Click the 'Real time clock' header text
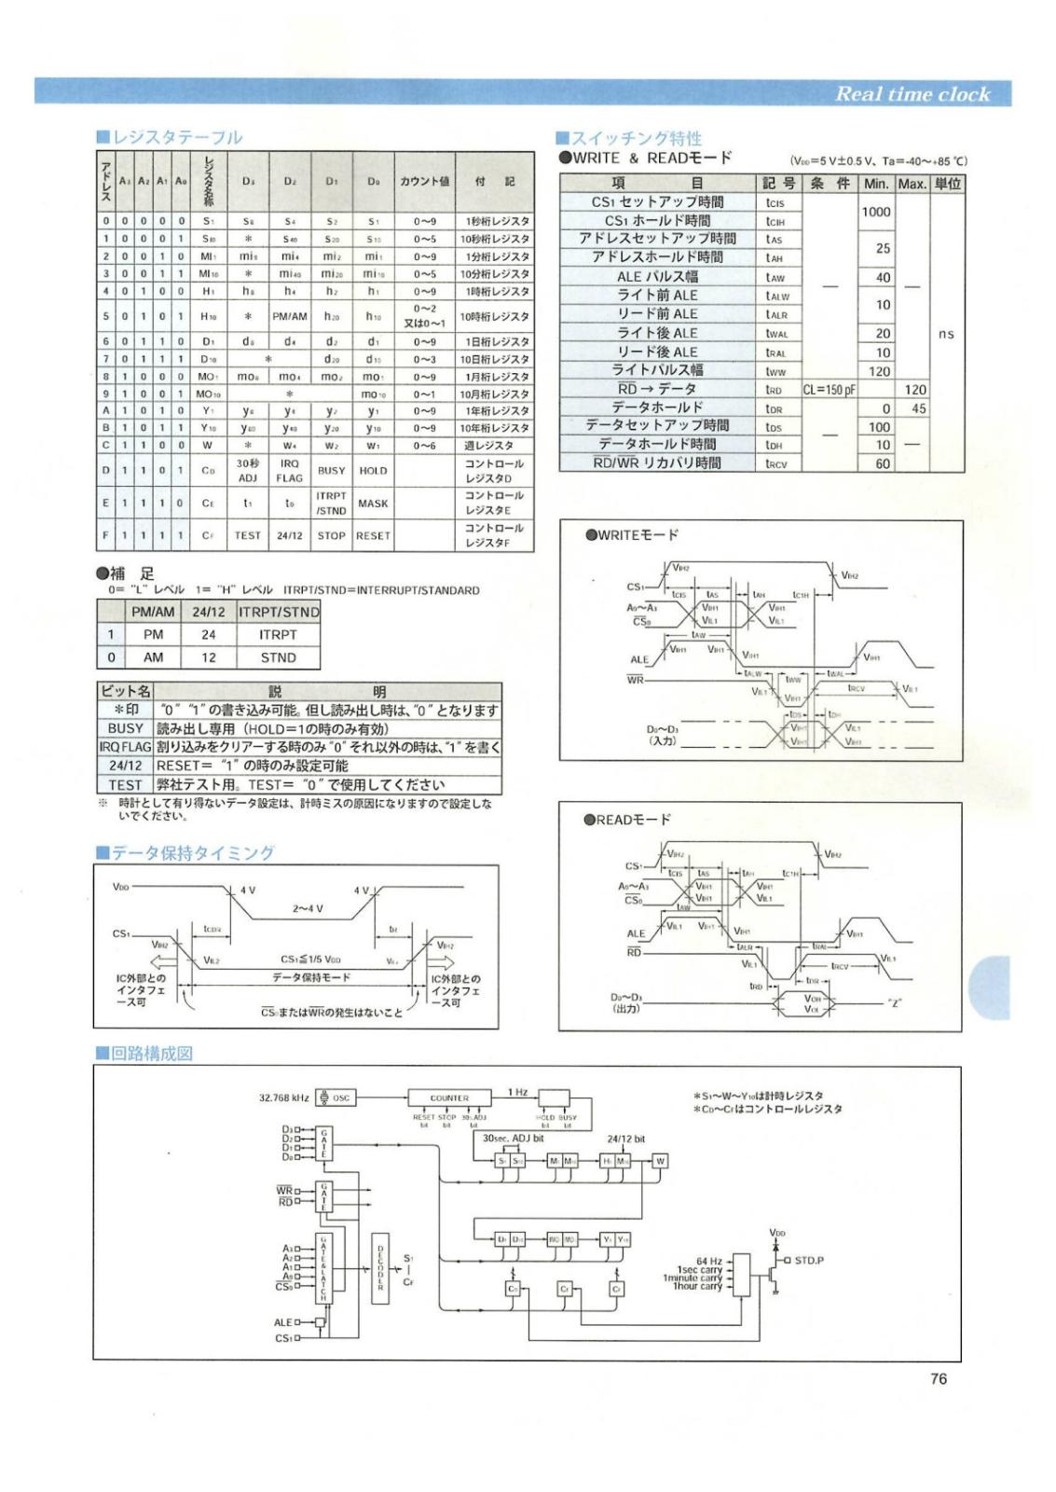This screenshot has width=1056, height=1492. point(911,93)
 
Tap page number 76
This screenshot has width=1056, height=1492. point(938,1378)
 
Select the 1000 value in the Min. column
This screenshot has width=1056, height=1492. point(875,212)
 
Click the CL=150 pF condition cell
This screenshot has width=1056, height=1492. point(829,390)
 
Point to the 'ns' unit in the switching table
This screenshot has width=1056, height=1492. point(946,333)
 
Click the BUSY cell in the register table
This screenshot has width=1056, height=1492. point(331,471)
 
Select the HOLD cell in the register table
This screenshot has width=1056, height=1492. point(373,471)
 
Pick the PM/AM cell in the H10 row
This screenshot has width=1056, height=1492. point(289,316)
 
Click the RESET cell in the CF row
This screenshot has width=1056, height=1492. point(373,535)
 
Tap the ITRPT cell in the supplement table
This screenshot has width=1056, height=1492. point(278,634)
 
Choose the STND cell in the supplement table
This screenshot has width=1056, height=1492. point(278,657)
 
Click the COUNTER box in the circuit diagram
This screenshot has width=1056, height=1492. point(449,1098)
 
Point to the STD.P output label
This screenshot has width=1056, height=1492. point(808,1260)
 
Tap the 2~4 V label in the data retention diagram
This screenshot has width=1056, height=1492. point(307,907)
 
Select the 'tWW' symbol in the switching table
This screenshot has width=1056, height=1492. point(775,371)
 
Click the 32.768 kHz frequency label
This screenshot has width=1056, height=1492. point(284,1098)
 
